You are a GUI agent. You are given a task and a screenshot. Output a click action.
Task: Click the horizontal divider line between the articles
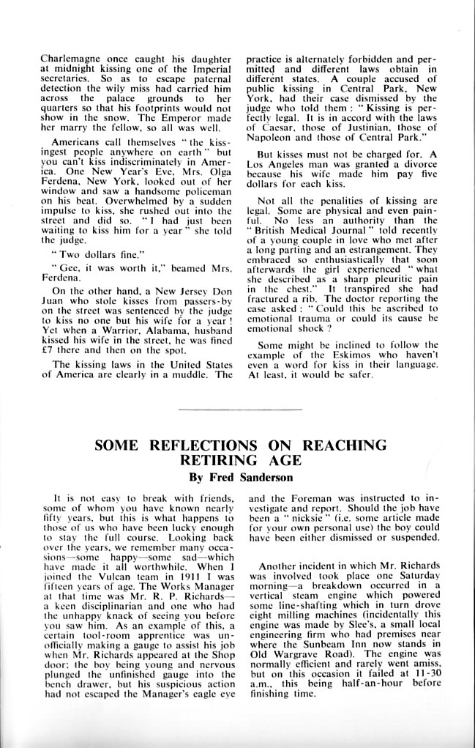tap(239, 409)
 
